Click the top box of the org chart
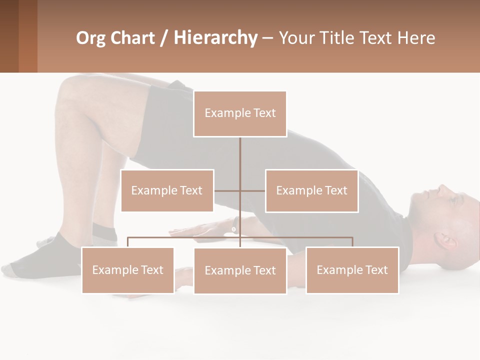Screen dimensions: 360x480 tap(240, 113)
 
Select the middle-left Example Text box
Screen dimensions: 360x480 tap(167, 190)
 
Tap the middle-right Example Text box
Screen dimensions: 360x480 tap(311, 190)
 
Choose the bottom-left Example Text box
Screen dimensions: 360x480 tap(128, 270)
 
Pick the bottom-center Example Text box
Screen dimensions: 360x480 tap(240, 270)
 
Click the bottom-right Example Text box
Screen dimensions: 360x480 tap(352, 270)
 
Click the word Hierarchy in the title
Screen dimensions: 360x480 tap(215, 37)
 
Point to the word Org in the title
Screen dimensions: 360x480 tap(90, 37)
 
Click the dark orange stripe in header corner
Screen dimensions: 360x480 tap(28, 36)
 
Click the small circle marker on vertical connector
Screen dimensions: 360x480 tap(233, 229)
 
